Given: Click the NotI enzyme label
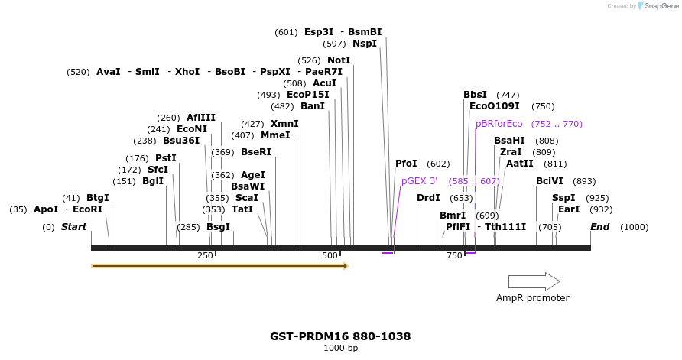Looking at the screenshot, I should (339, 60).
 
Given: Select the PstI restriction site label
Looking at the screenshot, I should (166, 158).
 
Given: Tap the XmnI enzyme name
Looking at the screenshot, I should (284, 124).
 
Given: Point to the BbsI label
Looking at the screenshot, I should (475, 95).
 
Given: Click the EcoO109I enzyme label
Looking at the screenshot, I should (494, 106).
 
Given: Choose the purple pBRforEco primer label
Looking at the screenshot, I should (499, 124).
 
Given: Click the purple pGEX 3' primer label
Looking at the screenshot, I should (420, 181).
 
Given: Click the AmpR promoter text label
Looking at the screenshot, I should (533, 298).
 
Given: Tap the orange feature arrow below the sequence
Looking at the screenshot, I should (219, 266).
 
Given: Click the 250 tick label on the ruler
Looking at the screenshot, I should (205, 255).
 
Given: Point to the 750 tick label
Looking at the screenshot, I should (454, 255).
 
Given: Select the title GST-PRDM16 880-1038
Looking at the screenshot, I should (340, 336).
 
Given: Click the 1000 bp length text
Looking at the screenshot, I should (340, 349).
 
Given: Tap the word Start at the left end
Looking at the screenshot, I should (73, 227).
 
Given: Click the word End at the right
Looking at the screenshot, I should (599, 227).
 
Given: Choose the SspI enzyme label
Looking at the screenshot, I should (563, 198).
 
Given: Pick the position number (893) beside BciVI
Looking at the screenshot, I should (584, 181).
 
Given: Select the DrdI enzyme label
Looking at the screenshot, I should (428, 198).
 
